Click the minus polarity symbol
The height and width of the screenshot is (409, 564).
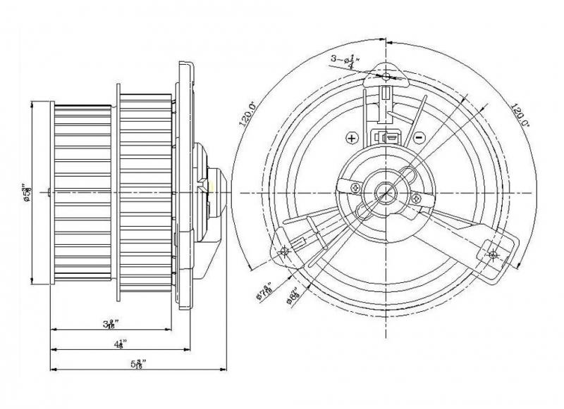(419, 138)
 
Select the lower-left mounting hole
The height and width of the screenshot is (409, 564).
(285, 252)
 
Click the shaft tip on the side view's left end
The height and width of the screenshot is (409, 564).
(47, 192)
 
